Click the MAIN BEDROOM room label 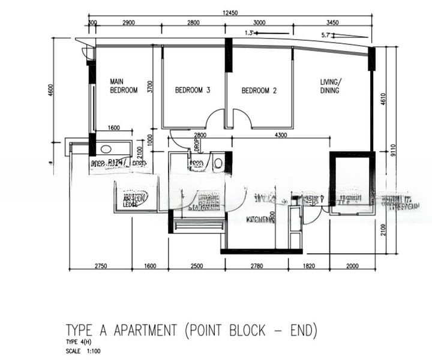123,85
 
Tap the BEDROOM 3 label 193,91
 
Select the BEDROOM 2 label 259,91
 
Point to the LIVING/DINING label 330,86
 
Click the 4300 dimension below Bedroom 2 280,136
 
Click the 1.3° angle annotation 251,33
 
